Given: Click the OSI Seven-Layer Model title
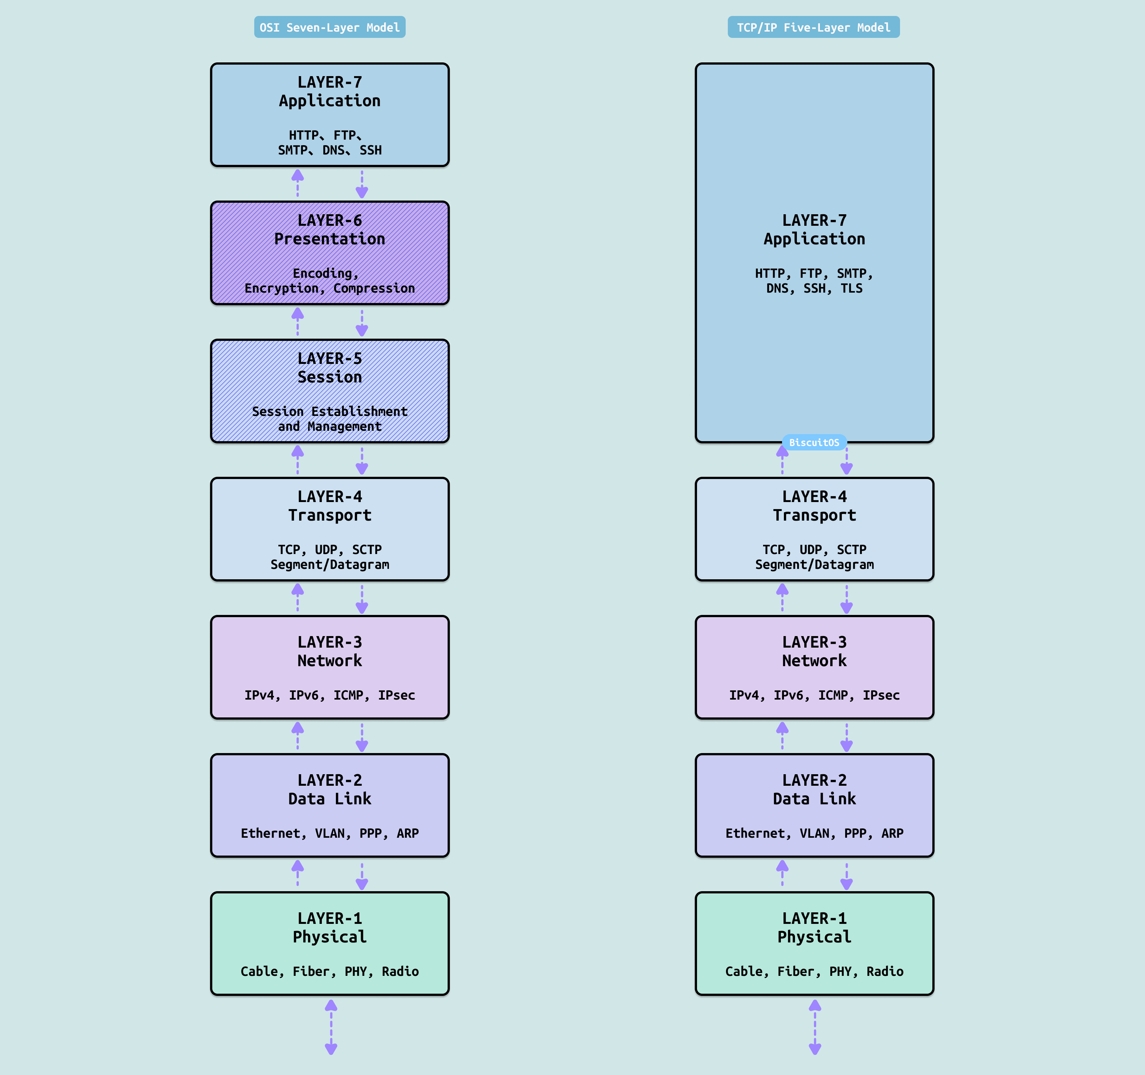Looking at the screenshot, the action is click(330, 27).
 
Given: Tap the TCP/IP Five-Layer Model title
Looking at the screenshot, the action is click(813, 27).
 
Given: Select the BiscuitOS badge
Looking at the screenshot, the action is click(814, 443).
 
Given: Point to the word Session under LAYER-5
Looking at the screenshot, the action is click(330, 377).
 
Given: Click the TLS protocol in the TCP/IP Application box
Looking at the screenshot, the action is click(851, 288).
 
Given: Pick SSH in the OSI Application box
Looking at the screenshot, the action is click(370, 150).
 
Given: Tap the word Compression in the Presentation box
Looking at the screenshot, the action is click(374, 288).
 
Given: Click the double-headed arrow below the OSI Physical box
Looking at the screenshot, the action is click(331, 1027).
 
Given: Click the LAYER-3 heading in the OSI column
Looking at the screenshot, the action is click(330, 642).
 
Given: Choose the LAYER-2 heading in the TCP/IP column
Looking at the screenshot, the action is click(814, 780).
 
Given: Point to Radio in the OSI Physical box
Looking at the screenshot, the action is click(400, 971).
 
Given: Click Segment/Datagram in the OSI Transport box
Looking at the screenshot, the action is click(330, 564).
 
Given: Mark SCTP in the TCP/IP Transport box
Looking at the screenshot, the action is click(851, 550).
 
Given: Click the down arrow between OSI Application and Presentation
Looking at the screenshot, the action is click(362, 184).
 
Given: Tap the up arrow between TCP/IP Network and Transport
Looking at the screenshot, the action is click(782, 597).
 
